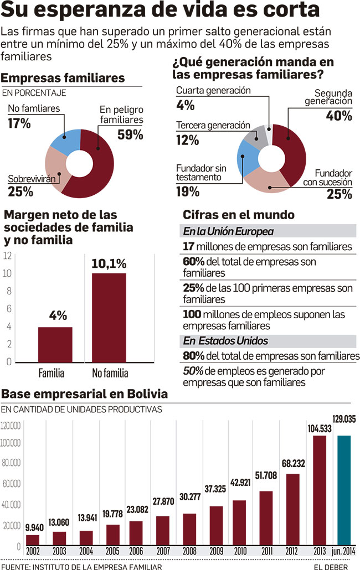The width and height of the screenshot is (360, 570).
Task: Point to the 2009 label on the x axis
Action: coord(216,551)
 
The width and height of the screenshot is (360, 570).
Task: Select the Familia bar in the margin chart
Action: coord(55,344)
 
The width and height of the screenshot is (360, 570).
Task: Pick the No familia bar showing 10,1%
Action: coord(109,317)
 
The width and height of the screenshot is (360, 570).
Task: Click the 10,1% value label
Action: coord(109,263)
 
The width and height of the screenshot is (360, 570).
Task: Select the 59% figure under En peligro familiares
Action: coord(130,134)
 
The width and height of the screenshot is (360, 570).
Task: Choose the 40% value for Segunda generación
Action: coord(339,116)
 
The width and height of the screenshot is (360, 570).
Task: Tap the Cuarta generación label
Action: coord(213,90)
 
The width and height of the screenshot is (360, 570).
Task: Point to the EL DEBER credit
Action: coord(330,566)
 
